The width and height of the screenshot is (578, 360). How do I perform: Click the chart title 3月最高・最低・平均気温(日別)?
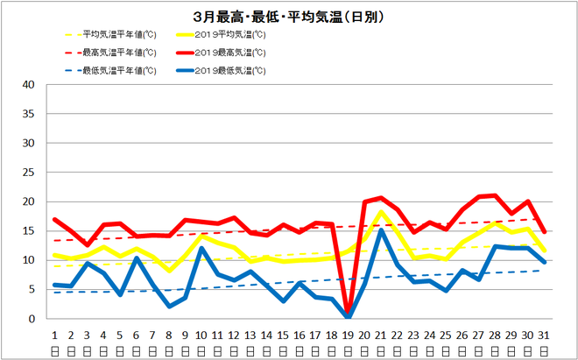288,17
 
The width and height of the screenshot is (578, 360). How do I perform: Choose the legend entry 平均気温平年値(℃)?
118,35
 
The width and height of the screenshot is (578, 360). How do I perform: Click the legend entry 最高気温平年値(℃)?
118,53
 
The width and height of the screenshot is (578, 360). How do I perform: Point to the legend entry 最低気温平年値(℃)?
118,70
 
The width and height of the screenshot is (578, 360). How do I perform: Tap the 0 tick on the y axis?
32,319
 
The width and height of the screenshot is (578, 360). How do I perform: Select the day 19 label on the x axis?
348,335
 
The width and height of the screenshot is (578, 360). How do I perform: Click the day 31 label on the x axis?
544,335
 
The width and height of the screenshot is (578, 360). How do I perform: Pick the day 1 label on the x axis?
54,335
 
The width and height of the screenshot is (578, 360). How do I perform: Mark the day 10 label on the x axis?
201,335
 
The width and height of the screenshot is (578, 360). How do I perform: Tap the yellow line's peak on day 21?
381,212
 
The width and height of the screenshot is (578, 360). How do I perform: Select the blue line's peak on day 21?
381,231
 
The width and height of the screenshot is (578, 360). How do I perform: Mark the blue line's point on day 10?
201,248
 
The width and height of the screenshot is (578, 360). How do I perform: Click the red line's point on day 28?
495,195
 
